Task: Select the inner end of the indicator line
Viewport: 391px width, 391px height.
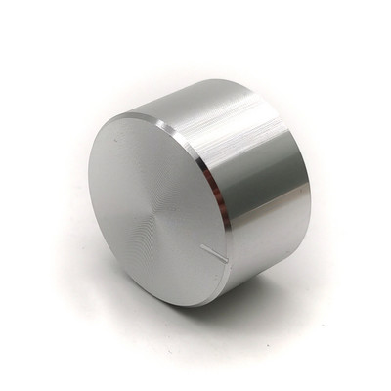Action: (202, 247)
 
